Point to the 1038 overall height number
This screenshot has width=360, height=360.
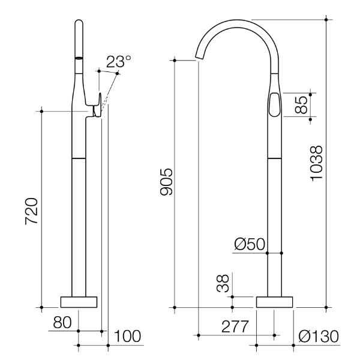tap(317, 162)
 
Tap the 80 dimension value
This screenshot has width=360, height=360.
tap(62, 321)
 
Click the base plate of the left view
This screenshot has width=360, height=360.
tap(79, 302)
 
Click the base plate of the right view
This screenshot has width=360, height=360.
tap(275, 302)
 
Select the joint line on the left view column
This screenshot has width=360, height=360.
tap(79, 157)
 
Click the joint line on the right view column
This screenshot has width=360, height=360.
tap(274, 158)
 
